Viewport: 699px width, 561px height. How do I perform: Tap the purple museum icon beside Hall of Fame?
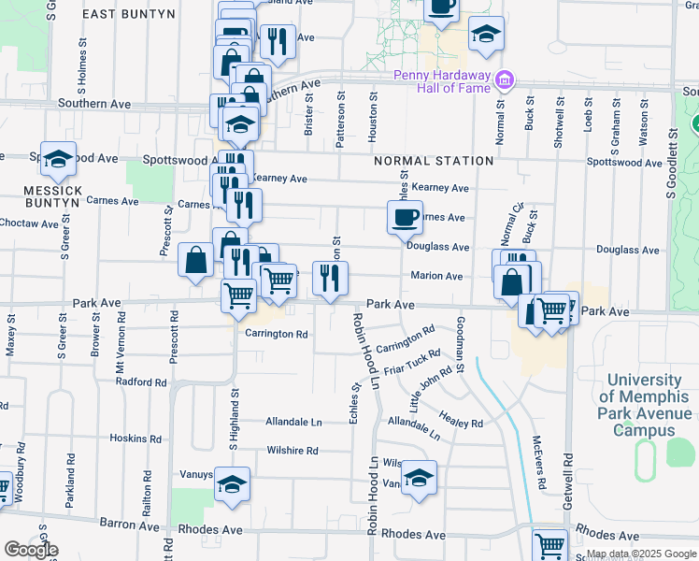pyautogui.click(x=505, y=79)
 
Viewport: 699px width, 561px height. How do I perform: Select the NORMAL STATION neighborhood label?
pyautogui.click(x=434, y=161)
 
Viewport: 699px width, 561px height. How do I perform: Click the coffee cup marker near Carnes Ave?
pyautogui.click(x=405, y=219)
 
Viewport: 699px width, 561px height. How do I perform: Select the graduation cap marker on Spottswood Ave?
pyautogui.click(x=58, y=160)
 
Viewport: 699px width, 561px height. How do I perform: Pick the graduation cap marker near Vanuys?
pyautogui.click(x=419, y=479)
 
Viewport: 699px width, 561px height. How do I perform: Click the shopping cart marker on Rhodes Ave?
pyautogui.click(x=550, y=544)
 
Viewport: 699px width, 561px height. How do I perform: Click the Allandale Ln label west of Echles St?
pyautogui.click(x=293, y=422)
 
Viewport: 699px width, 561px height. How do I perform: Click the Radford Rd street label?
pyautogui.click(x=141, y=381)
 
